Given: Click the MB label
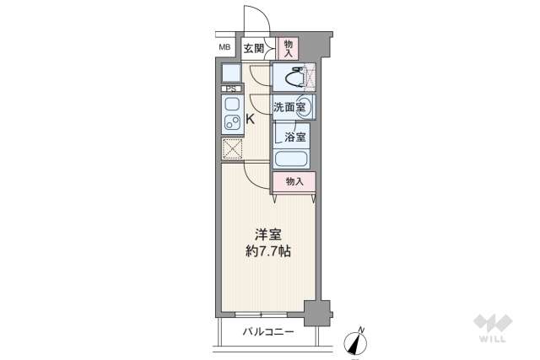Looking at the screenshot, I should pos(224,47).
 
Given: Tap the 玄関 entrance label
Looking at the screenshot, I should pos(254,47).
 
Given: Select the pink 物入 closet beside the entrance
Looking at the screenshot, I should pos(288,47).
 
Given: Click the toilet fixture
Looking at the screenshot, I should pos(292,78).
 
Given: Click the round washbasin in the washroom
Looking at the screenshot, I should pos(303,107).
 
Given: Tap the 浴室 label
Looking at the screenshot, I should pos(294,136).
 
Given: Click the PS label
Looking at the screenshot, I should pos(230,89).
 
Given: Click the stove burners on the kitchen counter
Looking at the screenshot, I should pos(230,123).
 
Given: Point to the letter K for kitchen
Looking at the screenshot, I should pos(250,120).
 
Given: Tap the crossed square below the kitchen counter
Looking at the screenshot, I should pos(231,149).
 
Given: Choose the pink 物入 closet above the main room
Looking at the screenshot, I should pos(294,180).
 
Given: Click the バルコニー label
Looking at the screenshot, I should pos(269,331).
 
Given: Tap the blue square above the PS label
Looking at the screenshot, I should pos(231,73).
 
